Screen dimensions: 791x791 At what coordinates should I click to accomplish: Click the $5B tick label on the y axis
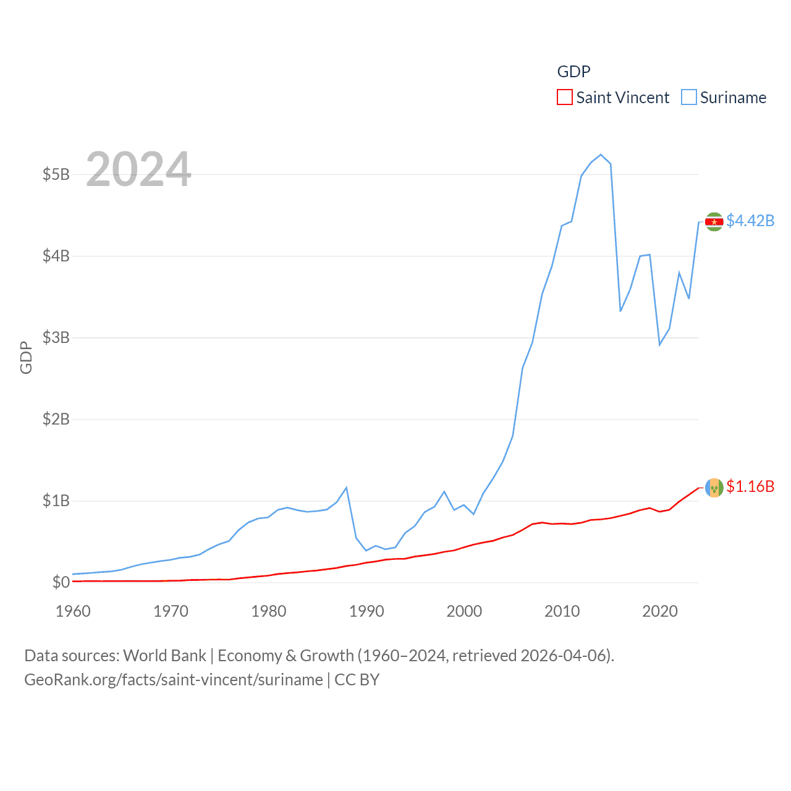pyautogui.click(x=56, y=174)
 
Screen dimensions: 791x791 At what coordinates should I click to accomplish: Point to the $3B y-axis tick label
pyautogui.click(x=56, y=337)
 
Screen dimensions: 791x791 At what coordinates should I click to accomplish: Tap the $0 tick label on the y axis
pyautogui.click(x=61, y=582)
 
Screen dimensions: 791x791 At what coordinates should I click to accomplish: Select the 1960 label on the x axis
pyautogui.click(x=73, y=611)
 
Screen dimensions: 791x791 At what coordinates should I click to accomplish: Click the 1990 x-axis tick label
pyautogui.click(x=366, y=611)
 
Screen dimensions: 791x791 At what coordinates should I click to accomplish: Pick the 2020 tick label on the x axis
pyautogui.click(x=660, y=611)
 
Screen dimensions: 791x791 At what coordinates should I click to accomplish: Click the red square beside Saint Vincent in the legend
pyautogui.click(x=565, y=98)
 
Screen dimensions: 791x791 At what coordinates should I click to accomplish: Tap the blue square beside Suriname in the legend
pyautogui.click(x=689, y=98)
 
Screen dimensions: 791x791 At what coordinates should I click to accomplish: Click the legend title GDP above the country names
pyautogui.click(x=573, y=72)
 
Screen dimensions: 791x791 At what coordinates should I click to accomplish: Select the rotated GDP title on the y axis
pyautogui.click(x=26, y=357)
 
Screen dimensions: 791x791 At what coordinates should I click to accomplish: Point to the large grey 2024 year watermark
pyautogui.click(x=138, y=169)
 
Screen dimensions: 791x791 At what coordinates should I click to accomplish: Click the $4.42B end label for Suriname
pyautogui.click(x=750, y=221)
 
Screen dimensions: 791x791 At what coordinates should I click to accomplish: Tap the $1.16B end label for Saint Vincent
pyautogui.click(x=750, y=486)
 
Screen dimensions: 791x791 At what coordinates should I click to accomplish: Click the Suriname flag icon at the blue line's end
pyautogui.click(x=714, y=221)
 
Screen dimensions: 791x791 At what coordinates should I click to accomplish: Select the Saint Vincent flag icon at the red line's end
pyautogui.click(x=714, y=487)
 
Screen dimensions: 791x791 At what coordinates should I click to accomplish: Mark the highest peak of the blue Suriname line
pyautogui.click(x=601, y=154)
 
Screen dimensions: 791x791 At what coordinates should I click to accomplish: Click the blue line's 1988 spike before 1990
pyautogui.click(x=346, y=488)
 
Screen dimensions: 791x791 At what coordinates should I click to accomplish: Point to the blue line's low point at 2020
pyautogui.click(x=659, y=345)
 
